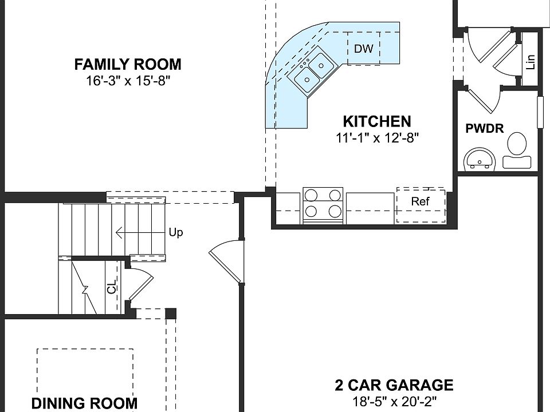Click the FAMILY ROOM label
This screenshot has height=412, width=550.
(128, 65)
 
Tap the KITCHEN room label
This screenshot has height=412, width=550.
(377, 121)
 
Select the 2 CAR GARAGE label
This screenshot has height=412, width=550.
(394, 385)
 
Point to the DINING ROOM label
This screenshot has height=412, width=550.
(85, 403)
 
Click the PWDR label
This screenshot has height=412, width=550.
(485, 129)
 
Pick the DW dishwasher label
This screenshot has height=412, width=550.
(363, 48)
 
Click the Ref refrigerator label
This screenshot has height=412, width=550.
(420, 201)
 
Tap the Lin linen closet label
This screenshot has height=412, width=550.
(531, 62)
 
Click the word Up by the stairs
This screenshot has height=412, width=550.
(176, 233)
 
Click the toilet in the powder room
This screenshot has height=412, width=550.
(516, 150)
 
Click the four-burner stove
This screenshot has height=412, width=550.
(323, 205)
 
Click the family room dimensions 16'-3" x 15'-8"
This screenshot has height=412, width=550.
(128, 81)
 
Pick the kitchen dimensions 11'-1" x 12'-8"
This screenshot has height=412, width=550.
(378, 138)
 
